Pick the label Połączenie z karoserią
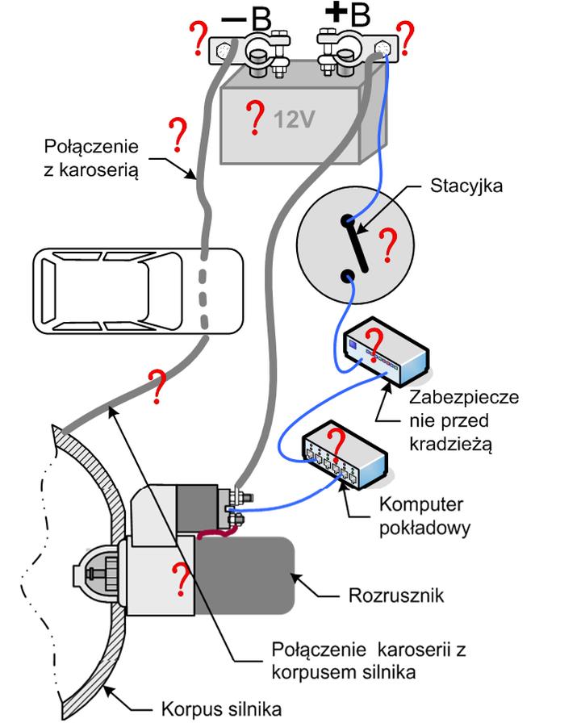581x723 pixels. click(x=92, y=158)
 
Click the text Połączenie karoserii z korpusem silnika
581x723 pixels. click(x=346, y=658)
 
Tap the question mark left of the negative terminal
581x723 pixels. click(x=196, y=36)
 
